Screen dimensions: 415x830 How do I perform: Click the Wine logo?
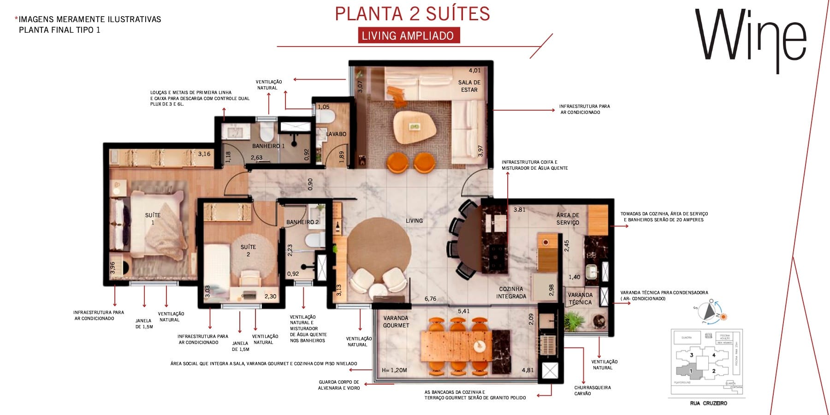[750, 37]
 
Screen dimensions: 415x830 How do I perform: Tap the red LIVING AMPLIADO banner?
[408, 36]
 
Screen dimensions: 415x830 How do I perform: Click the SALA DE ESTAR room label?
[469, 86]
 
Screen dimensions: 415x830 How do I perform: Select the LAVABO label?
[336, 134]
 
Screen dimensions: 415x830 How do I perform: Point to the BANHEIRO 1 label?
[268, 146]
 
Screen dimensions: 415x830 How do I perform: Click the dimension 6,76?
[430, 299]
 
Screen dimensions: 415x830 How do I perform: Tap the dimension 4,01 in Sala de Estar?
[474, 71]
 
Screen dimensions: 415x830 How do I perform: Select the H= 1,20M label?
[394, 370]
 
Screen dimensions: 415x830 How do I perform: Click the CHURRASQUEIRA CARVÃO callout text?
[592, 391]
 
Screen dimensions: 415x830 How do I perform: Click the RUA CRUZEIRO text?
[708, 403]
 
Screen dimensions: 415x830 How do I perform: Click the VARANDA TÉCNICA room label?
[580, 298]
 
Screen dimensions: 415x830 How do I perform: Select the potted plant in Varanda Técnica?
[575, 319]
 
